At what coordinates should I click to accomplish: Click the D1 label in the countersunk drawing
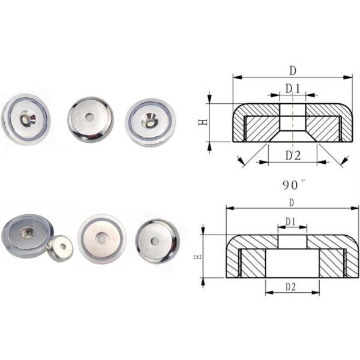point(292,89)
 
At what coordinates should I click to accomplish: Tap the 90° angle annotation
point(295,184)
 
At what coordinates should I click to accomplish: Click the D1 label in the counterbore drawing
point(291,221)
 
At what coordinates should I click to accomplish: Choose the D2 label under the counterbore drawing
point(290,287)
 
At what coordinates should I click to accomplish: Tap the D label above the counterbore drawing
point(292,202)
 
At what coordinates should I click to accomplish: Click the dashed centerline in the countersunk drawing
point(292,129)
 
